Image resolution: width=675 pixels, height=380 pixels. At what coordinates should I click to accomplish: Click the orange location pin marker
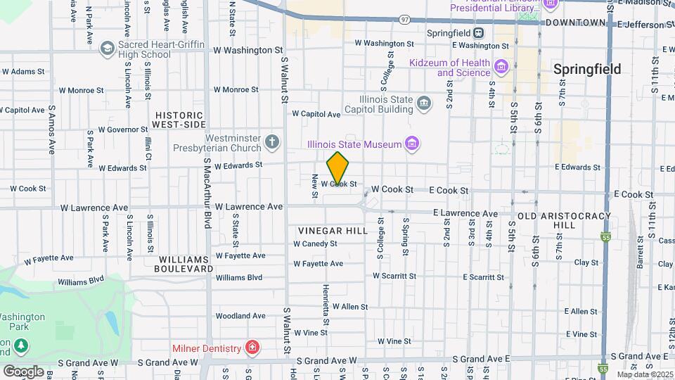(x=338, y=167)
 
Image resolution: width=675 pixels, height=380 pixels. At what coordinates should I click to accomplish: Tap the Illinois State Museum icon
(x=413, y=145)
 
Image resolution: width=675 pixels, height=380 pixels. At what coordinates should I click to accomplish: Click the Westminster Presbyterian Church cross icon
(x=273, y=144)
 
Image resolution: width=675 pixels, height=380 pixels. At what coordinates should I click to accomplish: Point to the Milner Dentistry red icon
(x=252, y=348)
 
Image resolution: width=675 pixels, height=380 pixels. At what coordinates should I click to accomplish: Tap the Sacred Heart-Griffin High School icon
(x=108, y=49)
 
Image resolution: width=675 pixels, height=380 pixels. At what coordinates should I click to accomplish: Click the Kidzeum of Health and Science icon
(x=501, y=68)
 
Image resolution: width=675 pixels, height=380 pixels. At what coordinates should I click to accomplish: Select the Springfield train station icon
(x=478, y=32)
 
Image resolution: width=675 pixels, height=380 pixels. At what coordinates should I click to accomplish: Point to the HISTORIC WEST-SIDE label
(x=179, y=120)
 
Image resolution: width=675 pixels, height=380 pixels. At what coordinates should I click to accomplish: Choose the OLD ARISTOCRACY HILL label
(x=556, y=220)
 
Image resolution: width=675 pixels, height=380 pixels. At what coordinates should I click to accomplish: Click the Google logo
(x=23, y=371)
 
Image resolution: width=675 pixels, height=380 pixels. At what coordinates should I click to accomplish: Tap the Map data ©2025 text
(x=644, y=374)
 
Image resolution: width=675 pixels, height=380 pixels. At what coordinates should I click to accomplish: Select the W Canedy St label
(x=315, y=244)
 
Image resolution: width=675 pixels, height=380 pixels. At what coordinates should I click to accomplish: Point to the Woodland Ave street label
(x=240, y=316)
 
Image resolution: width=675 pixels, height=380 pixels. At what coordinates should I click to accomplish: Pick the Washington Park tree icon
(x=22, y=346)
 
